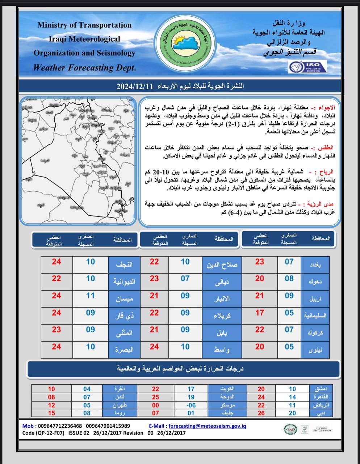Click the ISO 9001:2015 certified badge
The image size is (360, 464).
pyautogui.click(x=307, y=66)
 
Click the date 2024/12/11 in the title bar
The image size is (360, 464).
pyautogui.click(x=135, y=86)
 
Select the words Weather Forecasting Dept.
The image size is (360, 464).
pyautogui.click(x=84, y=67)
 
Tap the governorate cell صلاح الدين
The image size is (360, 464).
pyautogui.click(x=222, y=265)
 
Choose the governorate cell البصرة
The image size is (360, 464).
pyautogui.click(x=124, y=350)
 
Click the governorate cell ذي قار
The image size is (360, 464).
pyautogui.click(x=124, y=316)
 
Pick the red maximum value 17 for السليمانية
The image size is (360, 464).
pyautogui.click(x=259, y=312)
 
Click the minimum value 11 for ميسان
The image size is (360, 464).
pyautogui.click(x=90, y=295)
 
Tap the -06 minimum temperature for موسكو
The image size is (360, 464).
pyautogui.click(x=191, y=405)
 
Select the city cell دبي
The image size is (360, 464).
pyautogui.click(x=325, y=413)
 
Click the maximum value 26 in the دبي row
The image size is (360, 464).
pyautogui.click(x=261, y=413)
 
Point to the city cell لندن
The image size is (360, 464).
pyautogui.click(x=120, y=397)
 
